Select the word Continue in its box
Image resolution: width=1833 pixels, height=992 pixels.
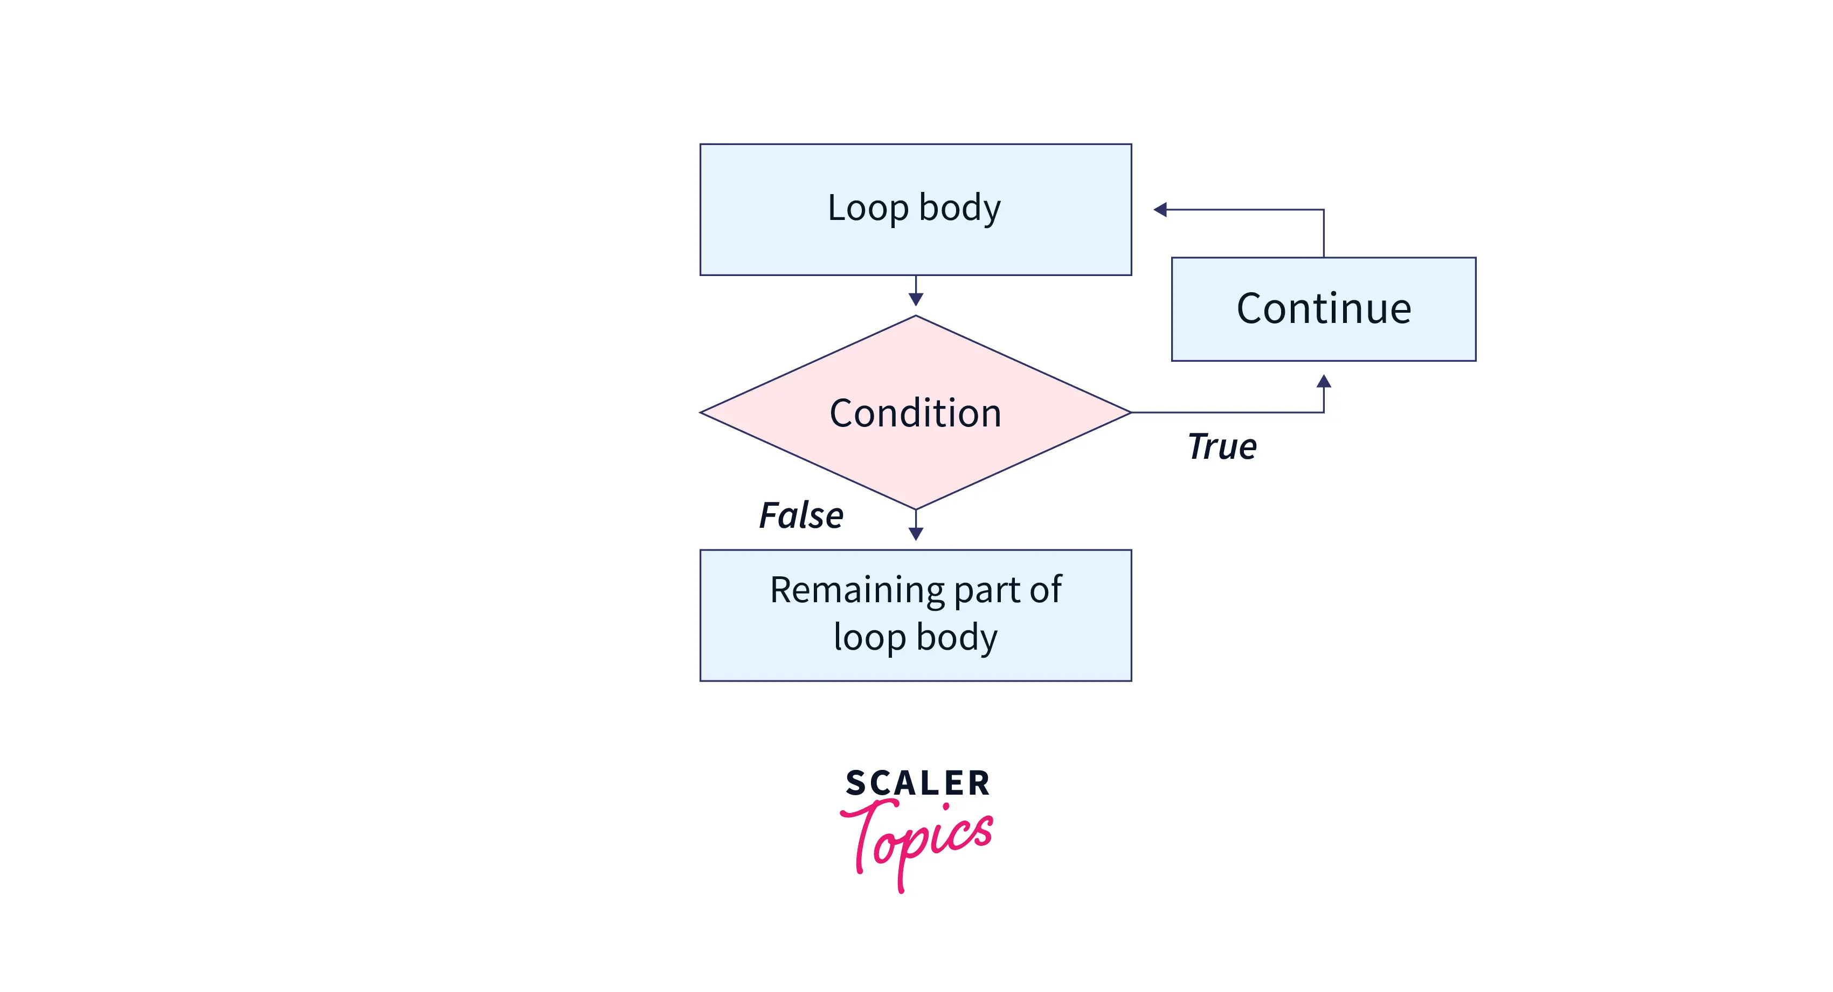pyautogui.click(x=1324, y=309)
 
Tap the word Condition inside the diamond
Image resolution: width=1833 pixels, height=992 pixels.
pyautogui.click(x=915, y=414)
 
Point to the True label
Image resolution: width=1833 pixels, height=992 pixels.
pyautogui.click(x=1222, y=447)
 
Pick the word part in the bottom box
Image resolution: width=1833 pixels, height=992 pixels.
pyautogui.click(x=985, y=591)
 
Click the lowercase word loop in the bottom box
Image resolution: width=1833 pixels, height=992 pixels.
pyautogui.click(x=869, y=637)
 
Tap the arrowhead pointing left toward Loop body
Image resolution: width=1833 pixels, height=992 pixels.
pyautogui.click(x=1160, y=210)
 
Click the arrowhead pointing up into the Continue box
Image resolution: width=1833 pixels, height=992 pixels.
pyautogui.click(x=1324, y=381)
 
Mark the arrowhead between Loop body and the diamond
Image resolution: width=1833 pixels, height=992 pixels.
pyautogui.click(x=916, y=300)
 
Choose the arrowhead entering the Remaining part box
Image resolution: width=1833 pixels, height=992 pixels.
pyautogui.click(x=916, y=534)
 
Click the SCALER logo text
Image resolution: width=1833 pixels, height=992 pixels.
pyautogui.click(x=917, y=783)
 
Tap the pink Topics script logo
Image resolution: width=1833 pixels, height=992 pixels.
pyautogui.click(x=917, y=840)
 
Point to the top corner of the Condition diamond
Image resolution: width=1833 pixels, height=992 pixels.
pyautogui.click(x=916, y=318)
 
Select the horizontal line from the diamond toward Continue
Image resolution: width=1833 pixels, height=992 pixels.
pyautogui.click(x=1224, y=412)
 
